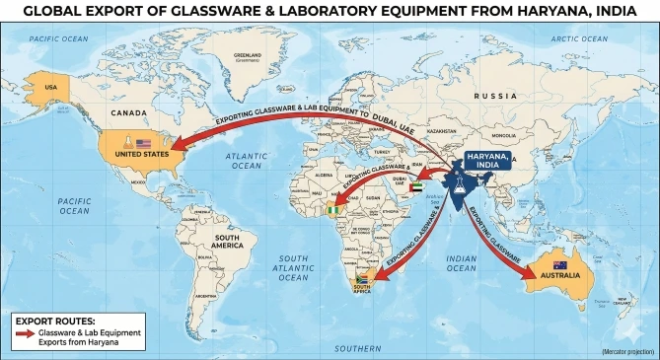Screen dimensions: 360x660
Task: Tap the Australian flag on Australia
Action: pos(559,265)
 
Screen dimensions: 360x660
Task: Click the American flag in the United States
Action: pos(143,144)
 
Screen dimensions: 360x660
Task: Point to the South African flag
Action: pos(361,278)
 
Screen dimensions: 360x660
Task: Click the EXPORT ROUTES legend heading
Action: pos(55,321)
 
